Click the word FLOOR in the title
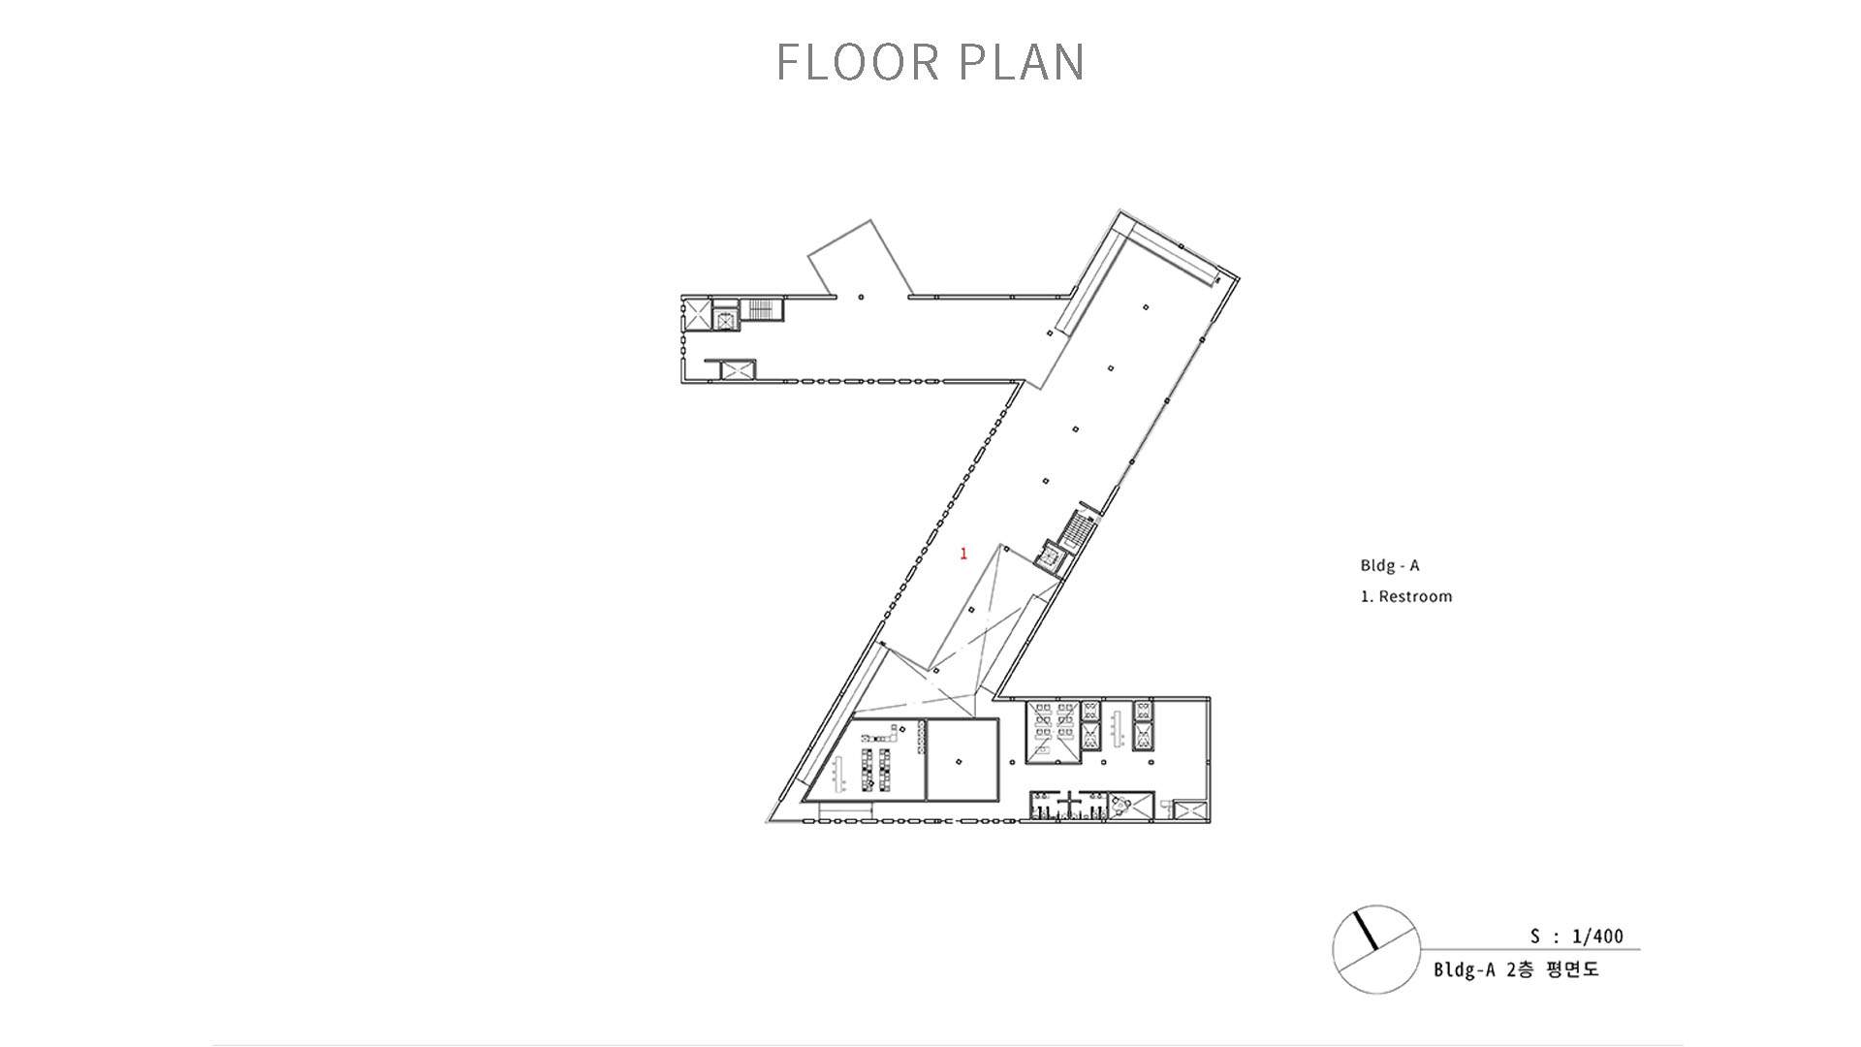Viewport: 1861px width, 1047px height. [x=858, y=62]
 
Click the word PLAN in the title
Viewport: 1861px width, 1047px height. [x=1022, y=62]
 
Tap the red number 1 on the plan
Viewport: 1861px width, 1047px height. [x=963, y=554]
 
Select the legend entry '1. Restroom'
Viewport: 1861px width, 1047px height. [x=1406, y=596]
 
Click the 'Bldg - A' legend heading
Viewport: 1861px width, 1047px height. [x=1390, y=565]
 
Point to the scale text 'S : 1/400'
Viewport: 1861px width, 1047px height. [x=1577, y=936]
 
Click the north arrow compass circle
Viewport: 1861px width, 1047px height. [x=1376, y=949]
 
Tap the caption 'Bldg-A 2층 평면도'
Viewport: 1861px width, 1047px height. [x=1517, y=969]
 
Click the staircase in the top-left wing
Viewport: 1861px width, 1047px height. [x=762, y=309]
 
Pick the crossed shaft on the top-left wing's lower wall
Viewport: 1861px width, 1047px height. [x=737, y=369]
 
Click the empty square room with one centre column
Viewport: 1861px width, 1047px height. [x=962, y=760]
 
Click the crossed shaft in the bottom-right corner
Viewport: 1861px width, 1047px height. [x=1189, y=812]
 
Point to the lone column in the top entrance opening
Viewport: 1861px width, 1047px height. [x=860, y=297]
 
